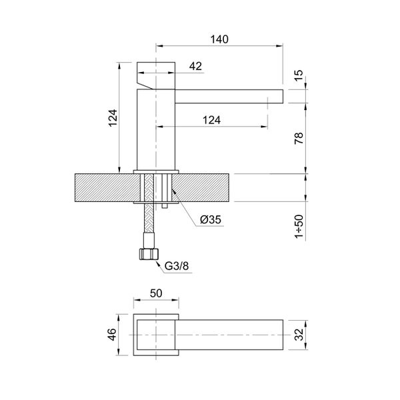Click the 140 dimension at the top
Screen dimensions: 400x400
[219, 39]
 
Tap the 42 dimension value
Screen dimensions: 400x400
[195, 66]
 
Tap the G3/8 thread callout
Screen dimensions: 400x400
[177, 268]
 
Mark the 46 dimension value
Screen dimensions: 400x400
[113, 333]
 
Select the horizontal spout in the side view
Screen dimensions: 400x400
[227, 97]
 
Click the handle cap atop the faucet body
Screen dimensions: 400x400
[156, 70]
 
